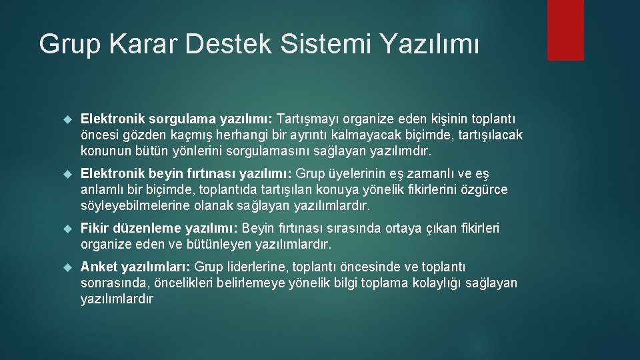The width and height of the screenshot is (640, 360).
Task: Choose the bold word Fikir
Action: click(95, 229)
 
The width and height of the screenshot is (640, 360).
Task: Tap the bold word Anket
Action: click(98, 267)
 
